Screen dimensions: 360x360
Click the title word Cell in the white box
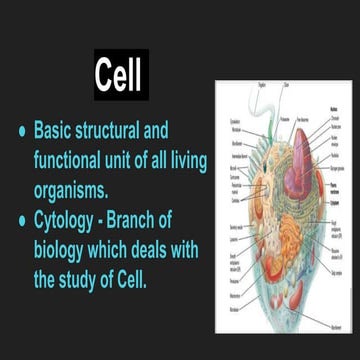[120, 74]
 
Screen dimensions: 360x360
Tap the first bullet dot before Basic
[19, 131]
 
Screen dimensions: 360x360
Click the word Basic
[57, 131]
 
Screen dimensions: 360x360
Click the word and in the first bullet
[186, 131]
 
